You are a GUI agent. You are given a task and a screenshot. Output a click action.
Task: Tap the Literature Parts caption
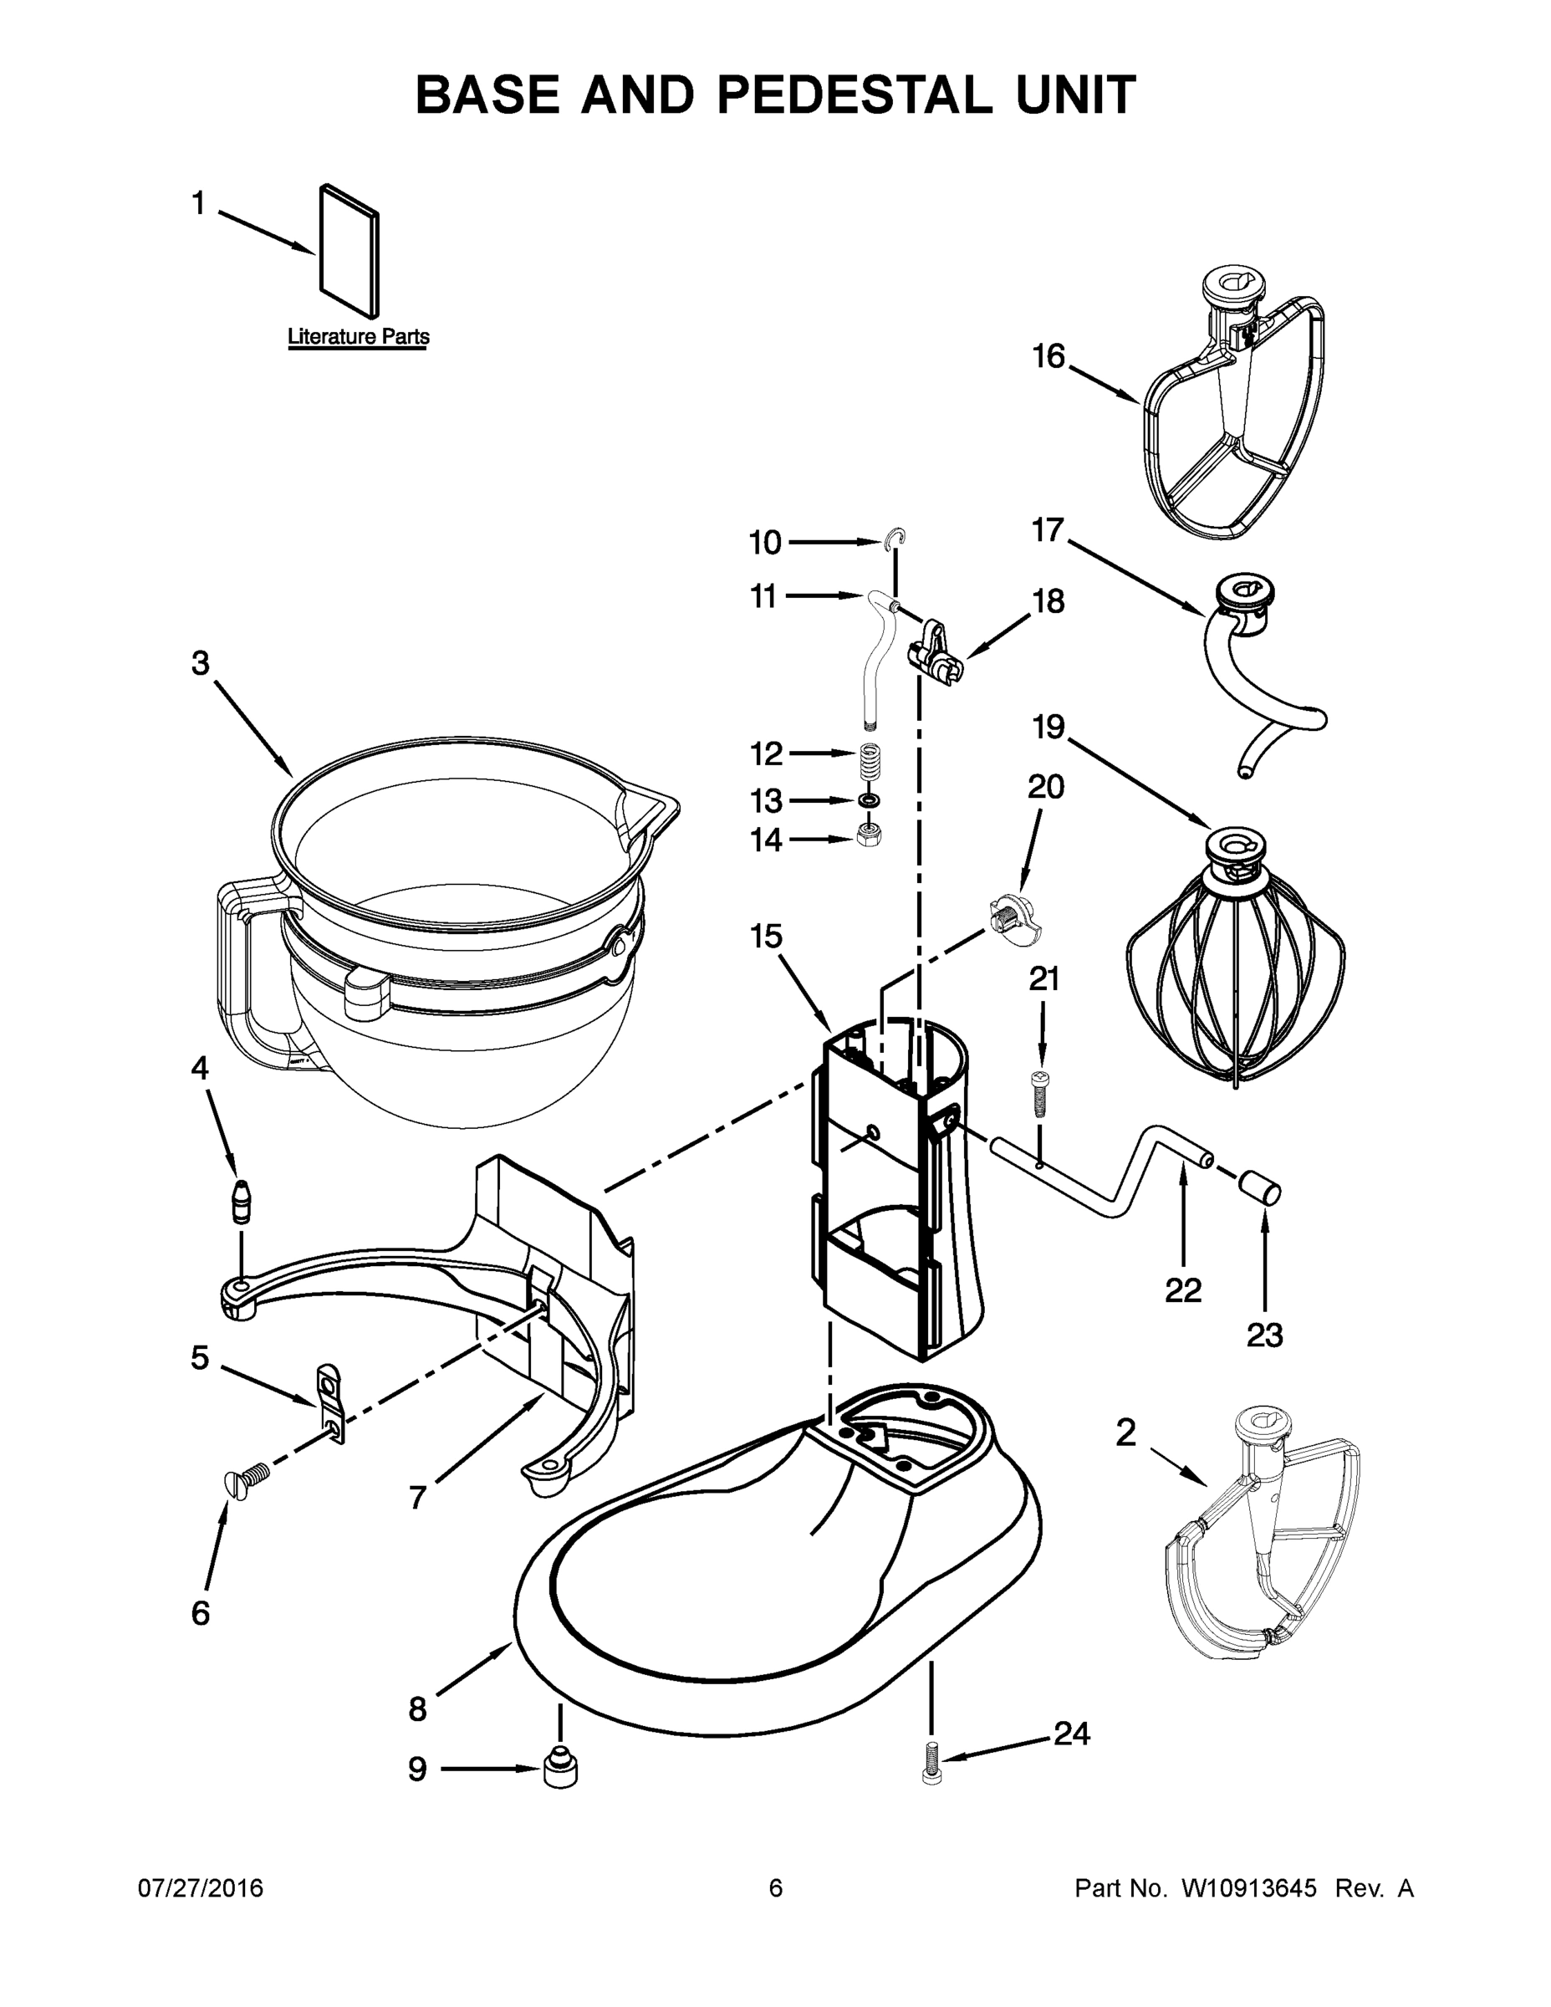tap(359, 336)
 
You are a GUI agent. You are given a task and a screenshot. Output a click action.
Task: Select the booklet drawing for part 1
tap(348, 251)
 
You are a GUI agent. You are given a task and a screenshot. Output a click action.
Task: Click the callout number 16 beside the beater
tap(1048, 356)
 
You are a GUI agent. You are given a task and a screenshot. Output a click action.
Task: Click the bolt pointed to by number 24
tap(931, 1763)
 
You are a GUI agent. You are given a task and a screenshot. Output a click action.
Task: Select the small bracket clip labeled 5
tap(331, 1402)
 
